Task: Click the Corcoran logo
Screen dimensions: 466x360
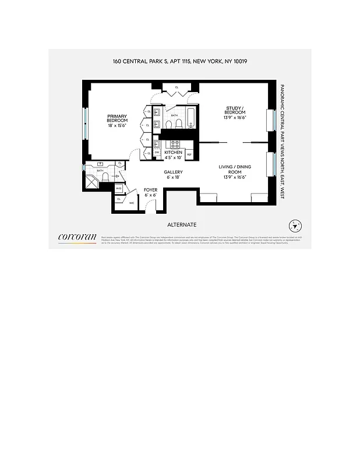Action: (77, 238)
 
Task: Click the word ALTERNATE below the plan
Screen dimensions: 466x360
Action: (182, 225)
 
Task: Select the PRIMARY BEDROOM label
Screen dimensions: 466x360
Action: (117, 119)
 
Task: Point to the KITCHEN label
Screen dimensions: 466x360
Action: (174, 154)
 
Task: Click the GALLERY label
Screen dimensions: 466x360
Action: (174, 175)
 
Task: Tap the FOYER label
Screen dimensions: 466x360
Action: (151, 193)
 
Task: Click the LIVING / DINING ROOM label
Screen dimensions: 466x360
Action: (235, 172)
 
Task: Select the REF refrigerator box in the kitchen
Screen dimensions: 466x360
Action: (189, 154)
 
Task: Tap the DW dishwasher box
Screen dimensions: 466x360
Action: (157, 153)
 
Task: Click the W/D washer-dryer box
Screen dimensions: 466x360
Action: (119, 189)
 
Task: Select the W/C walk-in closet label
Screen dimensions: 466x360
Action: (132, 203)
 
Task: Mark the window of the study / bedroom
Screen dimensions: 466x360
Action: (271, 121)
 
